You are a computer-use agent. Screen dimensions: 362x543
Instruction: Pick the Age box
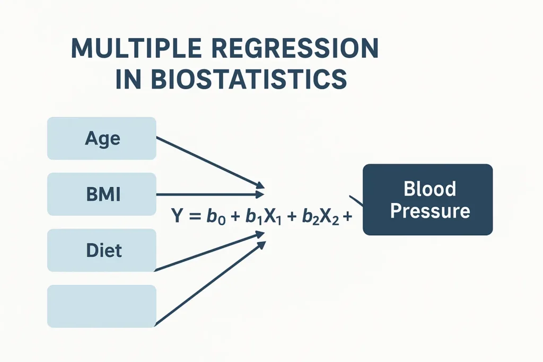coord(102,138)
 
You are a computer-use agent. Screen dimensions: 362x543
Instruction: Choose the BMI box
coord(102,195)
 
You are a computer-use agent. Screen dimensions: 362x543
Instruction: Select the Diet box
coord(102,250)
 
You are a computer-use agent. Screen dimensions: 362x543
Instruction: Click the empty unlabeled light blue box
coord(102,306)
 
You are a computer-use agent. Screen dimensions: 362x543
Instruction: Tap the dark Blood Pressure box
coord(427,199)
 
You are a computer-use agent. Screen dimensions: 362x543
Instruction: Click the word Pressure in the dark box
coord(430,211)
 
